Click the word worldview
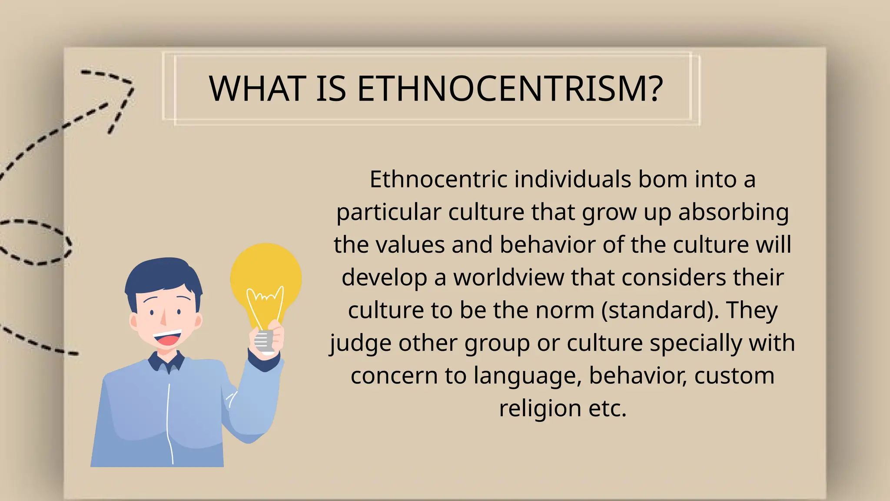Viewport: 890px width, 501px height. (x=508, y=277)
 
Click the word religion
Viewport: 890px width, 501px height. (x=540, y=408)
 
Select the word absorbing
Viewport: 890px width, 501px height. (x=733, y=212)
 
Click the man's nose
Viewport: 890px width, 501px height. (x=163, y=319)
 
